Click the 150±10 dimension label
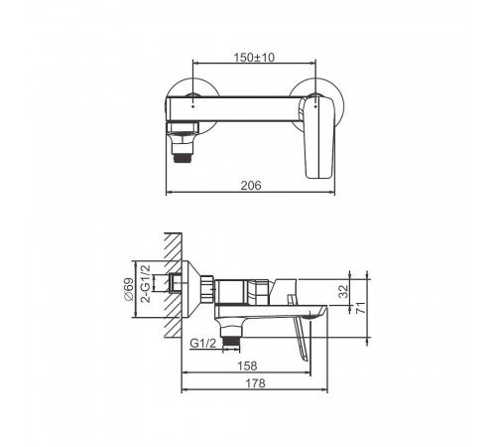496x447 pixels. [254, 58]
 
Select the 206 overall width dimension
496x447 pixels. [251, 186]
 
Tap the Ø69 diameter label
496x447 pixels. [129, 289]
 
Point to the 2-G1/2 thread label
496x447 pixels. [146, 283]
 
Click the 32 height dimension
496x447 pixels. [344, 291]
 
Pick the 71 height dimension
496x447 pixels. [361, 308]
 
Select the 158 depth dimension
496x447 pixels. [247, 366]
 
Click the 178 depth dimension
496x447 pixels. [255, 383]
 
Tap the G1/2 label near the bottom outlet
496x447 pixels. [202, 344]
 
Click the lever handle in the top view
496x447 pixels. [318, 136]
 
